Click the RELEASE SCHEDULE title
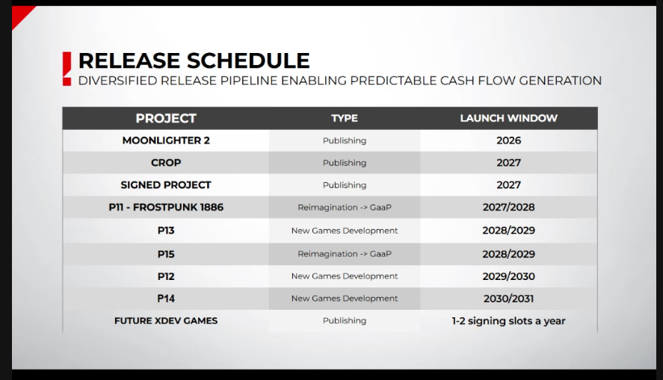click(x=194, y=60)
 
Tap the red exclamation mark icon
click(x=67, y=68)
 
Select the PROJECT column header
click(x=166, y=118)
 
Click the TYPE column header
click(x=345, y=118)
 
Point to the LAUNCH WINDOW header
click(x=508, y=118)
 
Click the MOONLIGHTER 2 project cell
click(x=166, y=140)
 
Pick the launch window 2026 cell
click(x=508, y=140)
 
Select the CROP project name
click(x=166, y=163)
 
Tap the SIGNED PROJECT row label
click(x=166, y=185)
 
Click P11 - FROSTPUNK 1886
click(x=166, y=208)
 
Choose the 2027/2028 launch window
click(x=508, y=208)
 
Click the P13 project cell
click(x=166, y=231)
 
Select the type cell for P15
click(x=345, y=254)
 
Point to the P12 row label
click(x=166, y=276)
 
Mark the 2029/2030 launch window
click(x=508, y=276)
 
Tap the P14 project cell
click(x=166, y=299)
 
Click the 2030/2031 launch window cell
click(x=508, y=299)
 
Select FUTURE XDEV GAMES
click(x=166, y=321)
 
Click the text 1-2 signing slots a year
click(x=508, y=321)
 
